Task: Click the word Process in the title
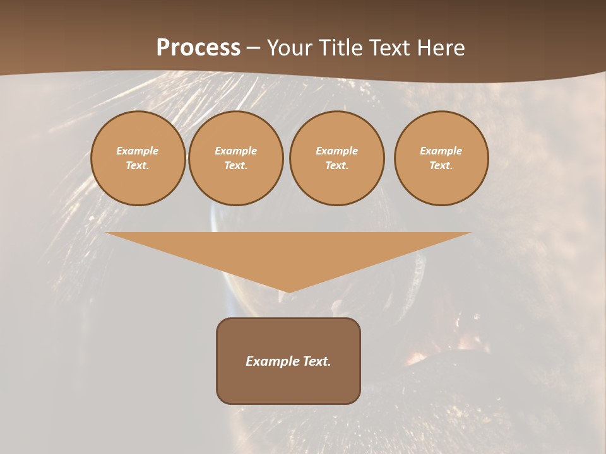coord(198,48)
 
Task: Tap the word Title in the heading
coord(342,48)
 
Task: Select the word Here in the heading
coord(442,48)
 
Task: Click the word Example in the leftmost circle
coord(138,151)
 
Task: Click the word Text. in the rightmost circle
coord(441,165)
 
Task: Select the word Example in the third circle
coord(337,151)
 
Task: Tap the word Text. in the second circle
coord(236,165)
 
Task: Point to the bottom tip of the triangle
coord(288,291)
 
